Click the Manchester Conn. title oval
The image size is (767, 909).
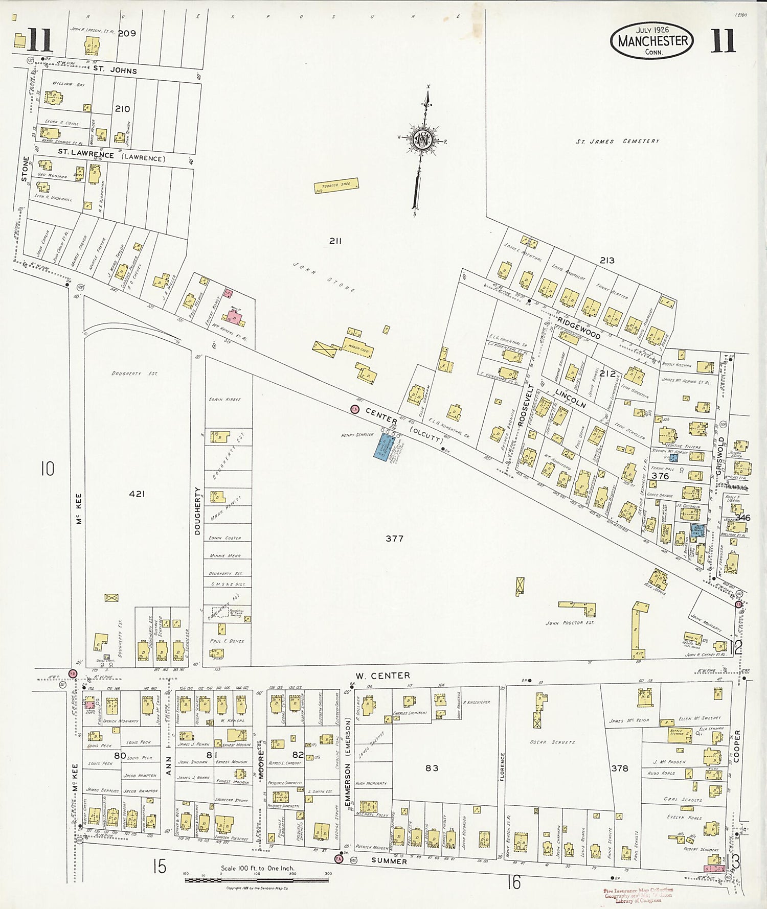(652, 40)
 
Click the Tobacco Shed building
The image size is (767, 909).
(336, 185)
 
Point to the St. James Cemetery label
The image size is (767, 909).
(617, 141)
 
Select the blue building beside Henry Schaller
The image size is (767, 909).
(381, 446)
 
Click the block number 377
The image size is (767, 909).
(394, 539)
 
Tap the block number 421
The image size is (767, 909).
(137, 494)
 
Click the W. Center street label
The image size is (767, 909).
(383, 676)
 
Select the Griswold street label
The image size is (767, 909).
(721, 455)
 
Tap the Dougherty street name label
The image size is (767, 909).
(198, 510)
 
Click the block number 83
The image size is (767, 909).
(432, 767)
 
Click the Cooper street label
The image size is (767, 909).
(737, 746)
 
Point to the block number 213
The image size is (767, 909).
(607, 261)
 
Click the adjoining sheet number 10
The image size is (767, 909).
(47, 469)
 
